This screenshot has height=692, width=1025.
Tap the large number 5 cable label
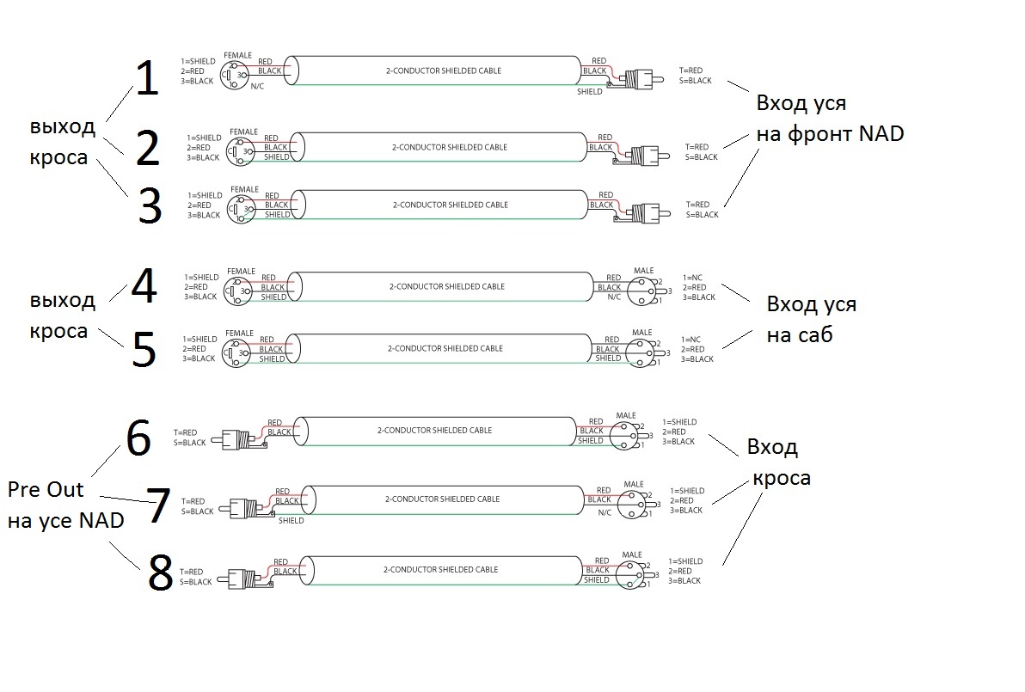pyautogui.click(x=144, y=349)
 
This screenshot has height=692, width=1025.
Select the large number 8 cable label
pyautogui.click(x=160, y=573)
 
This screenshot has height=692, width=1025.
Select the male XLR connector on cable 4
pyautogui.click(x=642, y=290)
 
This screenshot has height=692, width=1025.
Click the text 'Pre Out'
pyautogui.click(x=46, y=489)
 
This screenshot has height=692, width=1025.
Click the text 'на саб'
pyautogui.click(x=800, y=335)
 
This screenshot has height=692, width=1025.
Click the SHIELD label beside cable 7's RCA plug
pyautogui.click(x=291, y=520)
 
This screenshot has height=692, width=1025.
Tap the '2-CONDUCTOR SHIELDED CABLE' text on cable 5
pyautogui.click(x=445, y=349)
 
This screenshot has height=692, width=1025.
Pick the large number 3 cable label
pyautogui.click(x=150, y=207)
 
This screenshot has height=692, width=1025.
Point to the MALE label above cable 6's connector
pyautogui.click(x=626, y=415)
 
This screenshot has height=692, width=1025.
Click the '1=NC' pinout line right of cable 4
pyautogui.click(x=693, y=278)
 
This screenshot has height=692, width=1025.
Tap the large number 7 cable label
pyautogui.click(x=157, y=506)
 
